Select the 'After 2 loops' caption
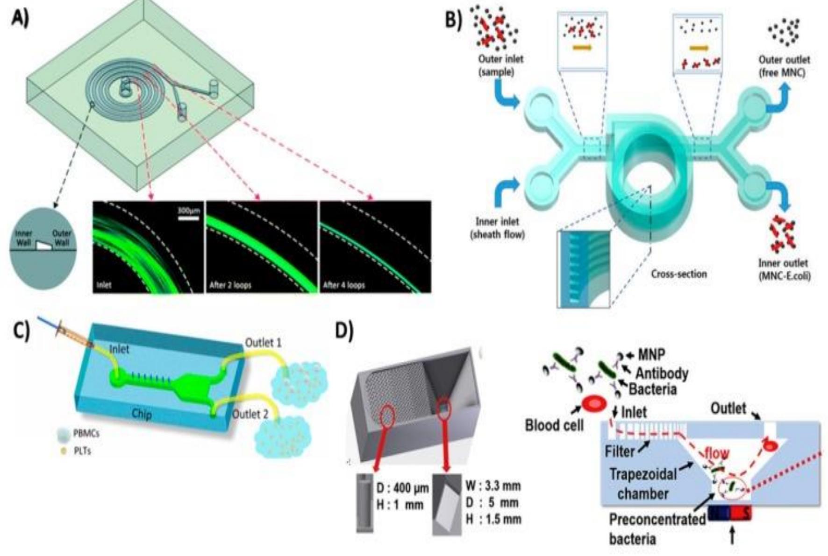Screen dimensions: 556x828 (x=230, y=285)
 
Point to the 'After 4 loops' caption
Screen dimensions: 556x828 (x=343, y=285)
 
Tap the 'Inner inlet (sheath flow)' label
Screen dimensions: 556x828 (x=497, y=228)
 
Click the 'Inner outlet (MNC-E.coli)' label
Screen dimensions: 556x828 (x=784, y=269)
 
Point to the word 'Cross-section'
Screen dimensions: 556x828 (x=678, y=274)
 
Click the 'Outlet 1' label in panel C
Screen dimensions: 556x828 (x=263, y=343)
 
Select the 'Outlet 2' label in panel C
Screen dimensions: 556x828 (x=250, y=414)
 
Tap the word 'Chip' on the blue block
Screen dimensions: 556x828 (x=141, y=415)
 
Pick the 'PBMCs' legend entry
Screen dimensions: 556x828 (x=86, y=434)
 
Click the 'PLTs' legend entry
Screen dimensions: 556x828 (x=82, y=451)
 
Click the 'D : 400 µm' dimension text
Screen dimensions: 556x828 (x=402, y=488)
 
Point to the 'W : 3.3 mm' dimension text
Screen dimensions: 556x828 (x=493, y=486)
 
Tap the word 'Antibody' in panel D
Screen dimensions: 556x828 (x=661, y=373)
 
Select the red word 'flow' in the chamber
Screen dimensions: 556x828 (x=716, y=453)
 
